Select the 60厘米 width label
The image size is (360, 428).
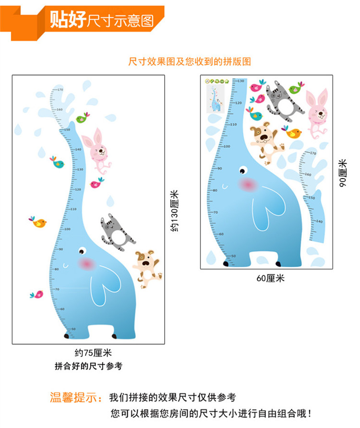click(x=270, y=278)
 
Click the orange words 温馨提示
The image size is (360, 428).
click(x=76, y=398)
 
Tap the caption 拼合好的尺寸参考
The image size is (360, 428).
click(x=89, y=367)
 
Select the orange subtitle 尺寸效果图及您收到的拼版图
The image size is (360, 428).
click(x=190, y=61)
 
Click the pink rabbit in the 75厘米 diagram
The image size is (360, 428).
click(x=97, y=149)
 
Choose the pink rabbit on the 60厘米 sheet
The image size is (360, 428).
click(x=317, y=114)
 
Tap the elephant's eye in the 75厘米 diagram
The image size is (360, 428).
click(x=83, y=250)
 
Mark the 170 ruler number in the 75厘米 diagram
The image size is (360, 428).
click(x=60, y=90)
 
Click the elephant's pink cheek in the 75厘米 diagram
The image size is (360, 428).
click(x=87, y=263)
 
